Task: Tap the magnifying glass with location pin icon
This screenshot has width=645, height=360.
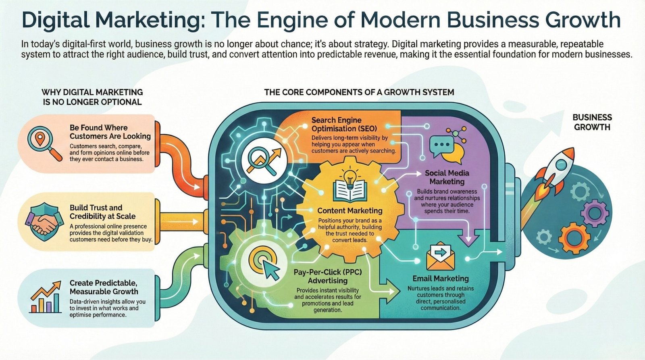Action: (44, 143)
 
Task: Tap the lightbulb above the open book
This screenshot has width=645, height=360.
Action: (349, 176)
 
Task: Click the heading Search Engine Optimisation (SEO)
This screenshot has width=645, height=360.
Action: (344, 124)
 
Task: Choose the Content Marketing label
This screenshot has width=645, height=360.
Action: (350, 210)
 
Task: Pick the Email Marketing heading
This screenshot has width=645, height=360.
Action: (441, 279)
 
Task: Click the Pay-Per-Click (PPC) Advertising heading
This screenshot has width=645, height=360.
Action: (328, 277)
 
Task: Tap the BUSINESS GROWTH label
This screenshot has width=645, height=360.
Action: (592, 122)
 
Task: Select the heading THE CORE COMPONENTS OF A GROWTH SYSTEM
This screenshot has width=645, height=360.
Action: (359, 92)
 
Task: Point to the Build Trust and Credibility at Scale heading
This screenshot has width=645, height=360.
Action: (102, 212)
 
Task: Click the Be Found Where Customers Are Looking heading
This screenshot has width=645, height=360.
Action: (110, 132)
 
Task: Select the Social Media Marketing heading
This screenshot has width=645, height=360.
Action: (447, 177)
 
